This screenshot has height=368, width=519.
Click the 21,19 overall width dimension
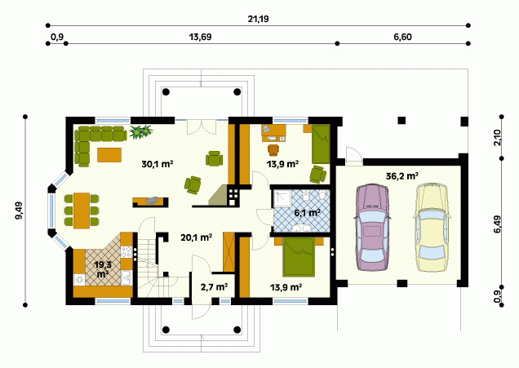click(x=258, y=19)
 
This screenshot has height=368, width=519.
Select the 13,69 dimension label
click(x=200, y=37)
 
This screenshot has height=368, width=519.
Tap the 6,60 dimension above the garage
click(x=403, y=37)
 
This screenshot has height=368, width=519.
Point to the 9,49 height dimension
click(x=19, y=211)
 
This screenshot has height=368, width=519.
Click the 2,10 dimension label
click(x=497, y=138)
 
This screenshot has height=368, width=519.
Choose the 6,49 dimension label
click(x=497, y=224)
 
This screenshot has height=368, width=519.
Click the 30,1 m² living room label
click(x=157, y=164)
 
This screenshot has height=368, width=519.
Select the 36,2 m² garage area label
click(x=401, y=175)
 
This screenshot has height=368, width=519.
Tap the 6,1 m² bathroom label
click(x=307, y=212)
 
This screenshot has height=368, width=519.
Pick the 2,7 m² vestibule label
click(x=214, y=287)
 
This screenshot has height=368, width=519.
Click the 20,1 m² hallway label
click(x=197, y=237)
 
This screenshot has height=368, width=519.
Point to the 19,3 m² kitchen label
click(x=103, y=269)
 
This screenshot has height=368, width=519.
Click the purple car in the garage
click(x=371, y=228)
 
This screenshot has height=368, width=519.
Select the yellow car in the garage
click(x=432, y=227)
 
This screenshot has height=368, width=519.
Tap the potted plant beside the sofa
click(x=141, y=132)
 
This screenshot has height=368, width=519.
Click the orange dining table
click(x=82, y=211)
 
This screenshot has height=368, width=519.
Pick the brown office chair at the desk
click(x=273, y=150)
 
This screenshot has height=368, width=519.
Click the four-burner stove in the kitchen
click(x=126, y=251)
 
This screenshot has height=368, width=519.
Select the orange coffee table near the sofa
click(x=109, y=155)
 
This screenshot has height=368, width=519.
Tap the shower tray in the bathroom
click(x=282, y=198)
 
